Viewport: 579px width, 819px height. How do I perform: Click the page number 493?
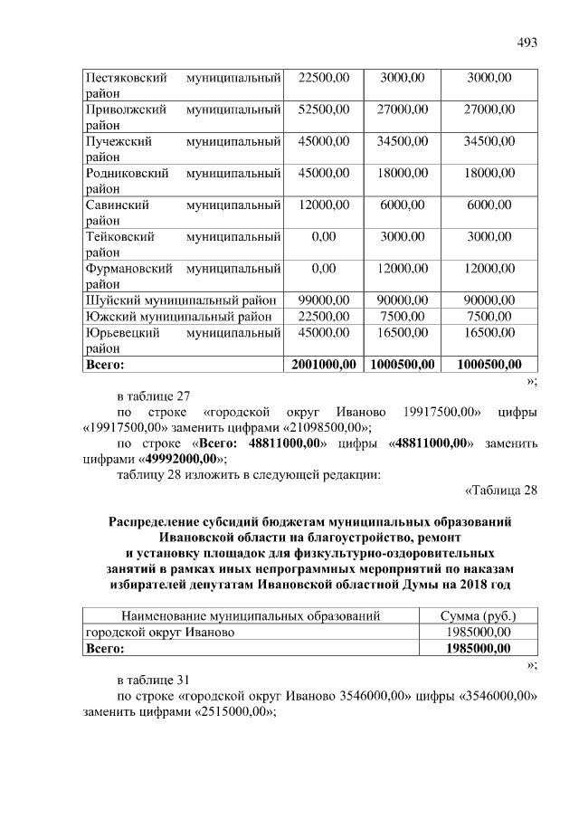coord(527,42)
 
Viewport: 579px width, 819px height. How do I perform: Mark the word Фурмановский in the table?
coord(126,269)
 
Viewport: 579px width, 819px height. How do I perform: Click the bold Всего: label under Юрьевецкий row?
coord(104,365)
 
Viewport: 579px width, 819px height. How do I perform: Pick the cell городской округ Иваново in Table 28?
coord(159,633)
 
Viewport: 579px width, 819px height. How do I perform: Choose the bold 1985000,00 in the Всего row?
coord(479,649)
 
